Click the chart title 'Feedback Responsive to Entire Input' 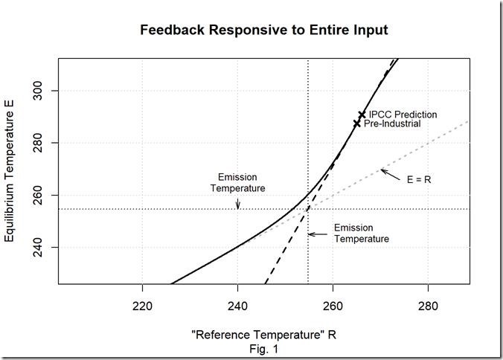pos(264,30)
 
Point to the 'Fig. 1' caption pos(263,347)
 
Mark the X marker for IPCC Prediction pos(362,115)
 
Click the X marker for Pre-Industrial pos(357,123)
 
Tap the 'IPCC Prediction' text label pos(403,115)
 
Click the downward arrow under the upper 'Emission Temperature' pos(238,203)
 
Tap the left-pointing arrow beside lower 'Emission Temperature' pos(318,234)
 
